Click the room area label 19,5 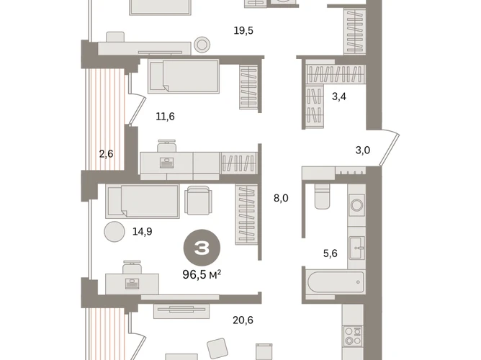click(243, 31)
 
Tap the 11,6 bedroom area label click(166, 117)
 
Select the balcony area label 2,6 click(106, 153)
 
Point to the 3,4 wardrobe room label click(339, 96)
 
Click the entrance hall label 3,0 click(363, 150)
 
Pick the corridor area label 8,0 click(281, 199)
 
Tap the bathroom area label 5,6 click(330, 253)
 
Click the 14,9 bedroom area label click(143, 232)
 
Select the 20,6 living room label click(243, 320)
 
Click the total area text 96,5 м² click(202, 274)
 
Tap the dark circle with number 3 click(202, 248)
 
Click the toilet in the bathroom click(322, 197)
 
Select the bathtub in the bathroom click(336, 282)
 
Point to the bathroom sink click(356, 247)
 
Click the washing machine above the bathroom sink click(356, 204)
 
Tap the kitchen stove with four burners click(353, 336)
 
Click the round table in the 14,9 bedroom click(114, 232)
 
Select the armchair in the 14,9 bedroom click(199, 200)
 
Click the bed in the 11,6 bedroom click(184, 76)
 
